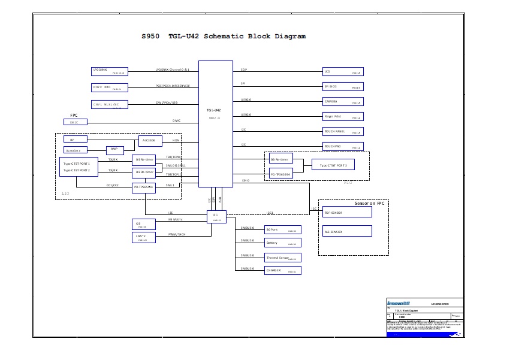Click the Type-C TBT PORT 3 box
point(333,165)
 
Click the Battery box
point(282,243)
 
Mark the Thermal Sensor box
point(282,258)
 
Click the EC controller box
point(216,217)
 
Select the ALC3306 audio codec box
point(150,141)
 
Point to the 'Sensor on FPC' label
point(369,204)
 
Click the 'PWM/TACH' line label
point(177,234)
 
